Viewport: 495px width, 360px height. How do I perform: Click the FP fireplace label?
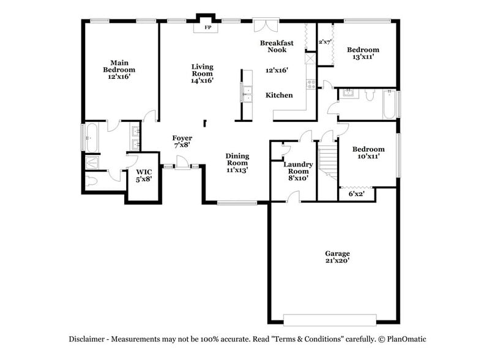point(207,28)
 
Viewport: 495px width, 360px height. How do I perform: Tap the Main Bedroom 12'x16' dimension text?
point(119,77)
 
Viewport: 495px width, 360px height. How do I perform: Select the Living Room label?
point(203,70)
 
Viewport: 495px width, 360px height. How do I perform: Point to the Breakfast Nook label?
point(277,46)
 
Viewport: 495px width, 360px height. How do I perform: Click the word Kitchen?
point(279,95)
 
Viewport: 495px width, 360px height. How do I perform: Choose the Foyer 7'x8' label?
point(182,141)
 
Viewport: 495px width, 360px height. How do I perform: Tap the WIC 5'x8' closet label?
point(144,176)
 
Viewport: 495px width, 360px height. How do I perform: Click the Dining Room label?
point(237,159)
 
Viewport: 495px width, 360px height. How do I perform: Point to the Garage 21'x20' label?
point(338,257)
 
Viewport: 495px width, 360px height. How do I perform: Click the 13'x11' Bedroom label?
point(363,53)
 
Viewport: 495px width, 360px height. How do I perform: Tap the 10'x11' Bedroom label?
point(368,152)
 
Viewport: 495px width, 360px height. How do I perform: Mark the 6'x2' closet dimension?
point(357,193)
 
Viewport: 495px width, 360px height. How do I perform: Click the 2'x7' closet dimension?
point(325,42)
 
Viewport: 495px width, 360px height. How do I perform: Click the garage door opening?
point(330,320)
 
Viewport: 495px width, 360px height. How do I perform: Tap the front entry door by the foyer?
point(182,163)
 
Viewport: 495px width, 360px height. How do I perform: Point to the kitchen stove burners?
point(311,84)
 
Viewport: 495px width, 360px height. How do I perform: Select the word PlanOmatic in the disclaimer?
point(407,339)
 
